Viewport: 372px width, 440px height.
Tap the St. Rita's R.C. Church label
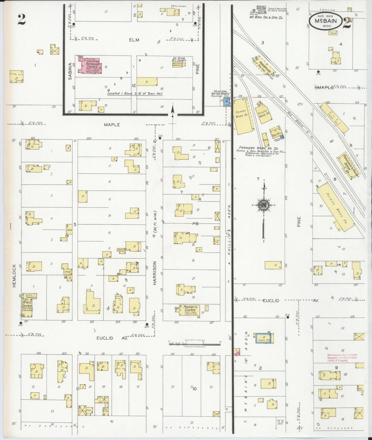tap(179, 59)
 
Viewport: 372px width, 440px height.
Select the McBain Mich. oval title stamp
tap(326, 21)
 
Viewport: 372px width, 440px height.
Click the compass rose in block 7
tap(264, 205)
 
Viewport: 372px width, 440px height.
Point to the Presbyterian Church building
tap(190, 310)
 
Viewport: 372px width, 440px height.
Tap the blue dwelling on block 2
tap(264, 337)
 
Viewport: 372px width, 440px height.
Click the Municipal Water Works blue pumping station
tap(227, 103)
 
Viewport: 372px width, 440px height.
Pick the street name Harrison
tap(155, 273)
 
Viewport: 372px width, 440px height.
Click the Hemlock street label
tap(14, 276)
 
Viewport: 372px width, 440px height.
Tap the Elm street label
tap(134, 40)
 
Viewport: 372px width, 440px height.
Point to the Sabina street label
tap(70, 71)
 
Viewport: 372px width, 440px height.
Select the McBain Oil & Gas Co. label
tap(266, 18)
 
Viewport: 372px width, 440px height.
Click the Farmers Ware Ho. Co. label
tap(258, 148)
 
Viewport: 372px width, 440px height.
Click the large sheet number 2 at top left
tap(22, 19)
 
